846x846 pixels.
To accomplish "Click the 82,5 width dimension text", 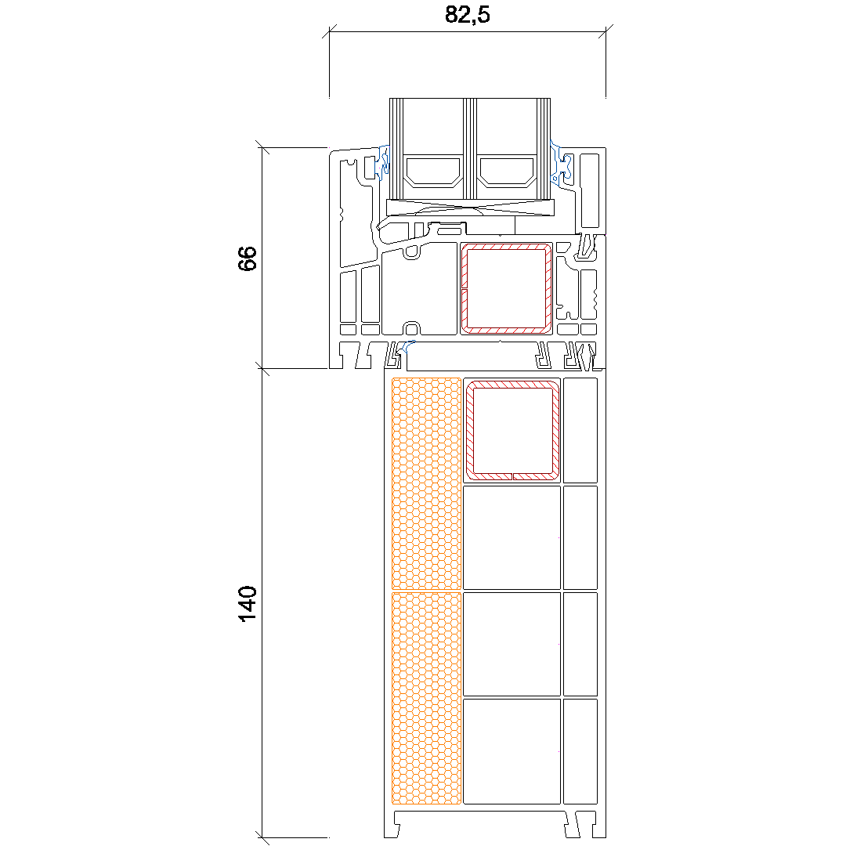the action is tap(467, 15).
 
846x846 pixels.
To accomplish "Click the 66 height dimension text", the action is tap(247, 258).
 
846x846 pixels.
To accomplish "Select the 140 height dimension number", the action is tap(247, 604).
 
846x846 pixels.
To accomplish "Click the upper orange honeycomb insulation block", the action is tap(426, 483).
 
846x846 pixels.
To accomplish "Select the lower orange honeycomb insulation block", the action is tap(426, 698).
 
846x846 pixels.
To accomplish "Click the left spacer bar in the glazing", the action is tap(434, 172).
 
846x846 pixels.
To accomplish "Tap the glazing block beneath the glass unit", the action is tap(470, 207).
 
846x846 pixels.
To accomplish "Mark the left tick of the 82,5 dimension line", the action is tap(329, 31).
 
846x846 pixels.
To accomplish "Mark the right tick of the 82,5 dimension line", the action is tap(606, 31).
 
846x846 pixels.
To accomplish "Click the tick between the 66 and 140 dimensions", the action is tap(262, 368).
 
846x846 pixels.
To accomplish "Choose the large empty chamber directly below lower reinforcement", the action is tap(512, 537).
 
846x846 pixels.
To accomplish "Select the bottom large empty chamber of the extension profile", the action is tap(512, 751).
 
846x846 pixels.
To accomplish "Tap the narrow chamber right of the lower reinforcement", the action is tap(580, 430).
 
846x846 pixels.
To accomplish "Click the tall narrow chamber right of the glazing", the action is tap(590, 190).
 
